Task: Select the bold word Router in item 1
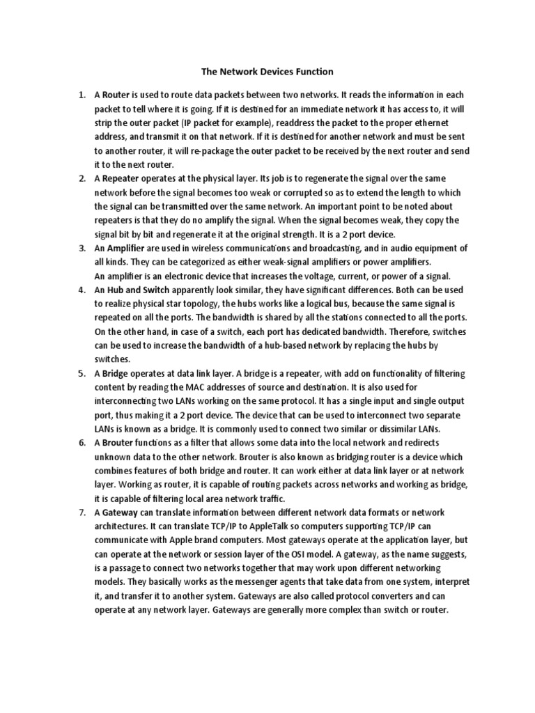coord(121,94)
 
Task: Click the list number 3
coord(82,249)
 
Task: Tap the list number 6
coord(82,444)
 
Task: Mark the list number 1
coord(82,94)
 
